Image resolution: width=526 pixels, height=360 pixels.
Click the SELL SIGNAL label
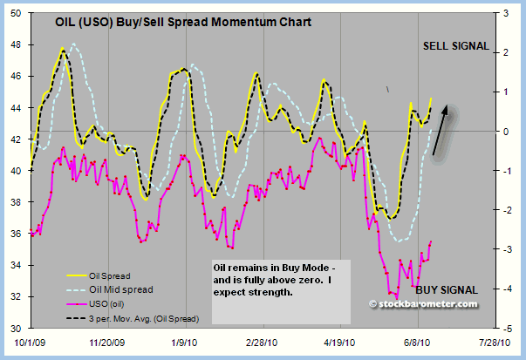tap(455, 46)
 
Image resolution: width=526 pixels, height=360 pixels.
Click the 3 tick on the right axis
tap(496, 14)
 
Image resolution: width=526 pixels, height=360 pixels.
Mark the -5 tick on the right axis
tap(496, 328)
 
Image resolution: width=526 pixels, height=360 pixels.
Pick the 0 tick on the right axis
tap(495, 132)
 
